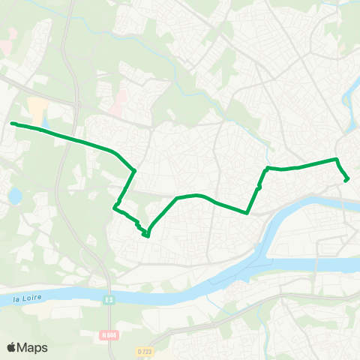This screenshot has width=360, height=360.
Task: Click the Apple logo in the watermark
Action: pyautogui.click(x=12, y=347)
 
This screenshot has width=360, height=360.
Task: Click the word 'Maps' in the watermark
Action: pyautogui.click(x=33, y=347)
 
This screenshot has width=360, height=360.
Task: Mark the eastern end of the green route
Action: pyautogui.click(x=346, y=180)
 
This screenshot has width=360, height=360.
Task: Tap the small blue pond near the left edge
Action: pyautogui.click(x=15, y=196)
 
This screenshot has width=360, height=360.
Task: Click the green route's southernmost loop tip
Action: pyautogui.click(x=147, y=235)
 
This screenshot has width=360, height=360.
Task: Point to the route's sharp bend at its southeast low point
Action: pyautogui.click(x=247, y=212)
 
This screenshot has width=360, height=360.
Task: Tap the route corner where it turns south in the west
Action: pyautogui.click(x=134, y=172)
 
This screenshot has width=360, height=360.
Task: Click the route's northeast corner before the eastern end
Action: pyautogui.click(x=337, y=160)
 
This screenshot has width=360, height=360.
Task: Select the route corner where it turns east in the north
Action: pyautogui.click(x=268, y=168)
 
